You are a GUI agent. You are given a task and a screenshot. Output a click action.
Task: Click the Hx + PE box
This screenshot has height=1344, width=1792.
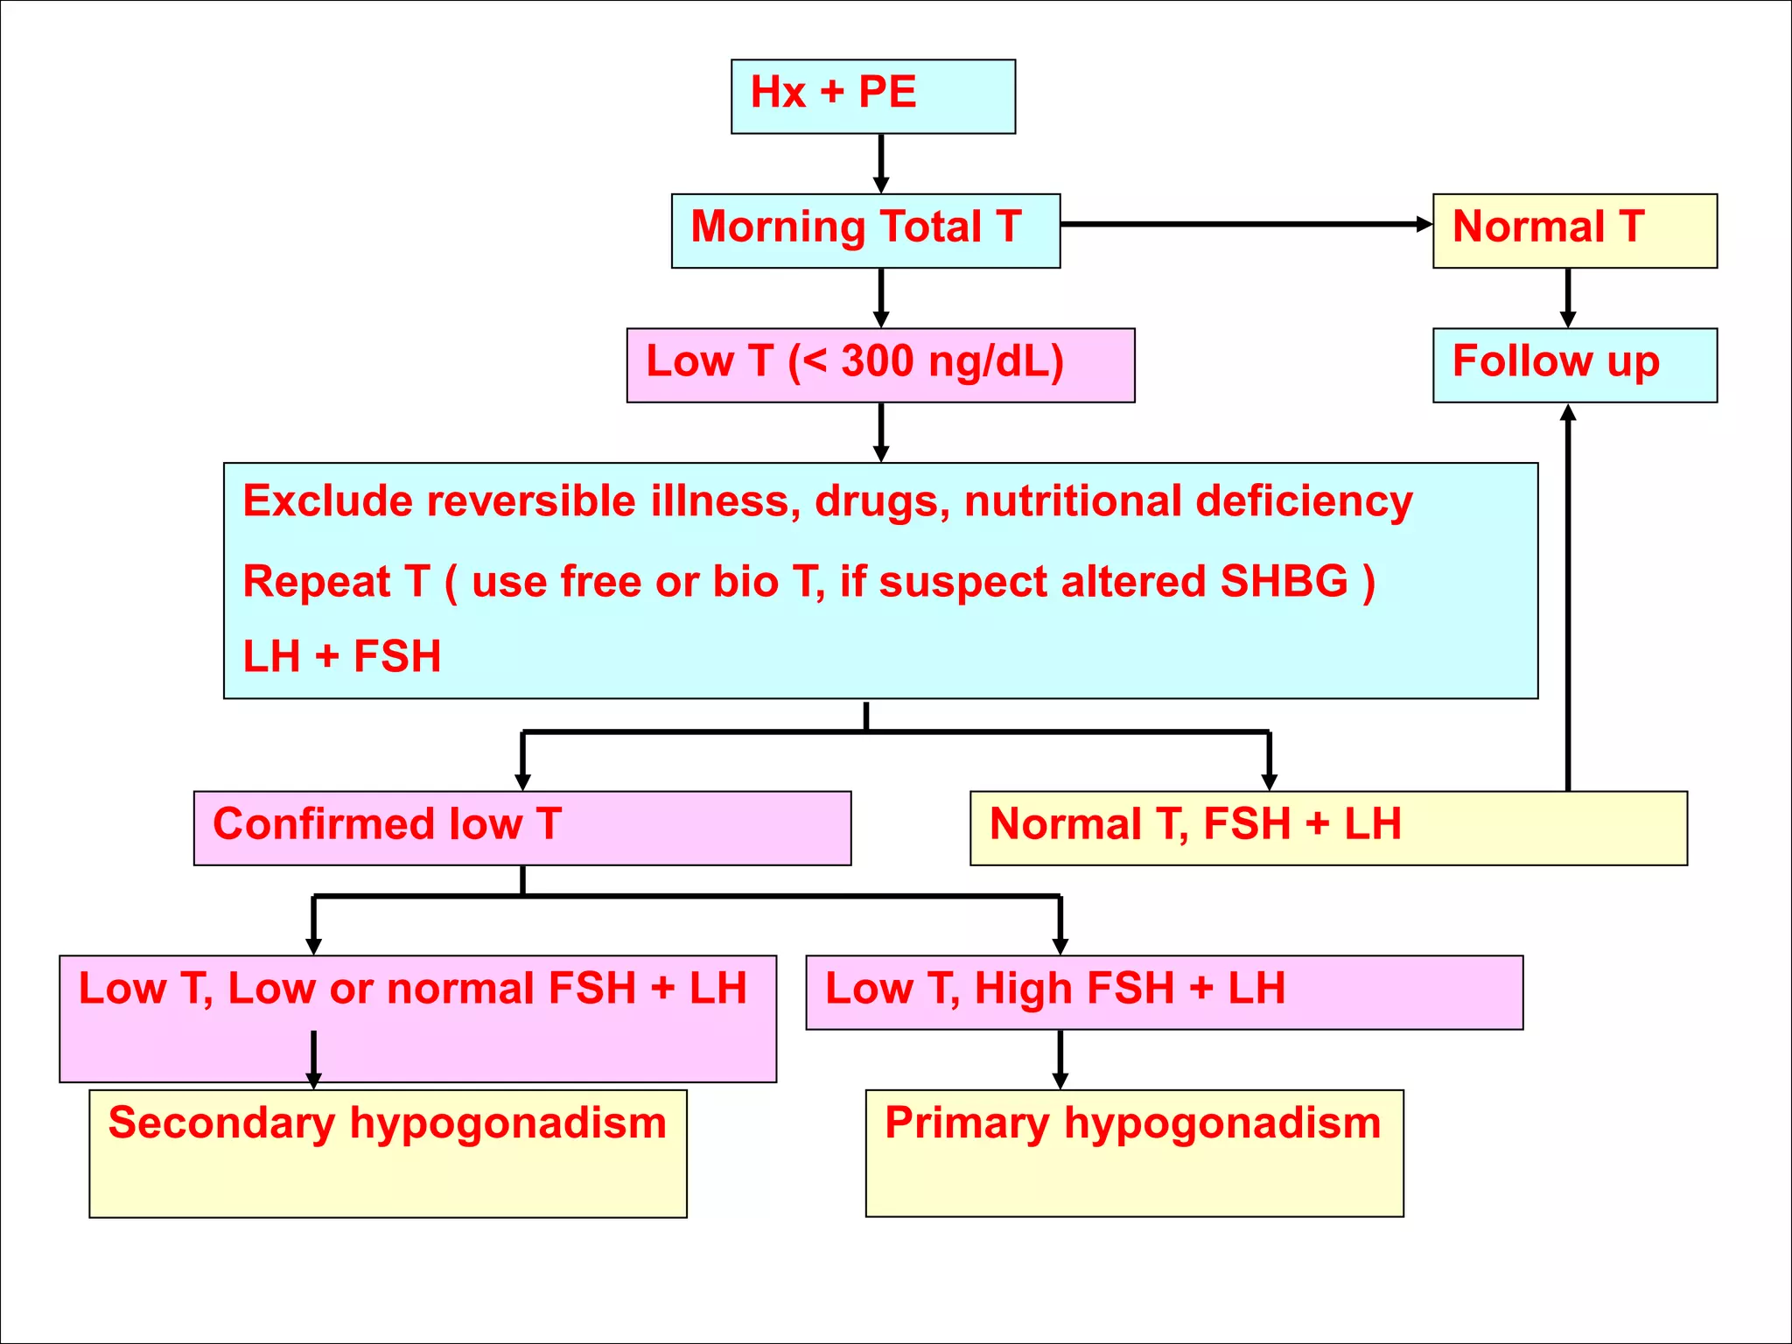pos(872,96)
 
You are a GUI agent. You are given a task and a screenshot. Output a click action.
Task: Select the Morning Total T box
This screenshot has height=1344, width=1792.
pos(864,230)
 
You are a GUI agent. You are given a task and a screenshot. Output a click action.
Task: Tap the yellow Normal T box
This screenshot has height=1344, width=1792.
pos(1574,230)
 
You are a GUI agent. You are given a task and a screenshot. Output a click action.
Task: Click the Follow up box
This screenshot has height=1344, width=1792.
pos(1574,364)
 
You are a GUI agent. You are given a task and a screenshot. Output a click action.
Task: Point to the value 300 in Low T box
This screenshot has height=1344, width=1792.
pos(877,361)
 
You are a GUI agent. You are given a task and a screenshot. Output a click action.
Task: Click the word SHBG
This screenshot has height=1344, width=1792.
pos(1284,582)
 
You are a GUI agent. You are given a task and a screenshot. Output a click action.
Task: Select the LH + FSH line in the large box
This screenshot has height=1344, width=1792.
pos(341,656)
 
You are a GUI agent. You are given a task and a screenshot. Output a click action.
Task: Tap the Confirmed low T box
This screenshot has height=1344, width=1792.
pos(521,828)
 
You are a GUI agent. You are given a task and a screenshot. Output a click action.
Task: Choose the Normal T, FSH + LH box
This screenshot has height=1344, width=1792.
pos(1327,828)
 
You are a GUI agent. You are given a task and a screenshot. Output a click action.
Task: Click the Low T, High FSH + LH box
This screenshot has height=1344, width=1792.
pos(1164,991)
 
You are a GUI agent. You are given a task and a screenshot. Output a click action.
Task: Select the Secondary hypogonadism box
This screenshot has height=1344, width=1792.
pos(388,1152)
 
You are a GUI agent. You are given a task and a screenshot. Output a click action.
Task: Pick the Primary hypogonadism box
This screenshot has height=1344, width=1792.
pos(1134,1152)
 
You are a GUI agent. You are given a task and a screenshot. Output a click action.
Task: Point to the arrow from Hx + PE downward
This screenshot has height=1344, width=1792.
pos(881,163)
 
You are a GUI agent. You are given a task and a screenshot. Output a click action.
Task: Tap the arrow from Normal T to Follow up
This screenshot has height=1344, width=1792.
pos(1568,297)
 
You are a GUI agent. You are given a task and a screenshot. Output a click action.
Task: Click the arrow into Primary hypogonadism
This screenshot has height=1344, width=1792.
pos(1060,1059)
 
